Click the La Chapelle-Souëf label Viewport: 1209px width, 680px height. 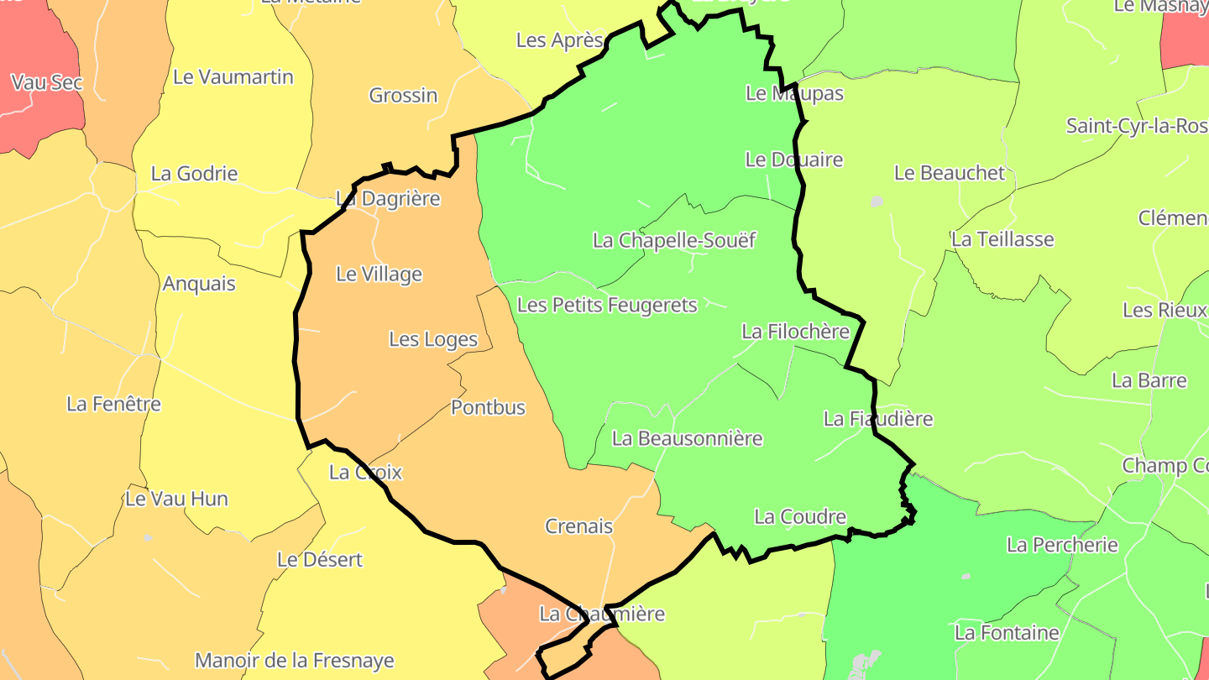(x=674, y=241)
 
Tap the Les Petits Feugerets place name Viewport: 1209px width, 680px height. (x=607, y=305)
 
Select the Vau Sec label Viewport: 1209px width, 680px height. (x=47, y=83)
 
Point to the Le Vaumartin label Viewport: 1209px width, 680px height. (x=233, y=77)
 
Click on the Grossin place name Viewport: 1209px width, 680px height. (x=403, y=96)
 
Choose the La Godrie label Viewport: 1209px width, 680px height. (x=194, y=175)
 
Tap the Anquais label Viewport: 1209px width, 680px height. (x=199, y=284)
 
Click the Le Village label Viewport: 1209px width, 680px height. (x=379, y=275)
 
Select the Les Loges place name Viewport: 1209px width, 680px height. (x=433, y=340)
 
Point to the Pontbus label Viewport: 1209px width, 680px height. (x=488, y=408)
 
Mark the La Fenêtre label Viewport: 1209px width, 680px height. (x=113, y=405)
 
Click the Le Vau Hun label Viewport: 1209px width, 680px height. (x=176, y=499)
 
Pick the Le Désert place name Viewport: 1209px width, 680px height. (x=320, y=560)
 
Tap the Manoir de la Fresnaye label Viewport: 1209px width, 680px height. (x=294, y=661)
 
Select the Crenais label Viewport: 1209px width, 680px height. (x=578, y=527)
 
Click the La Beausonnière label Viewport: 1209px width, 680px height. (x=687, y=438)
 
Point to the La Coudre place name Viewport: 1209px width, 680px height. (x=800, y=517)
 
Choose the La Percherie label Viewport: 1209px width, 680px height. (x=1062, y=546)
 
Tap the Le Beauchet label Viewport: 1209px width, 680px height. (x=950, y=174)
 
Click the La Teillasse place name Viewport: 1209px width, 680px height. (x=1002, y=240)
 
